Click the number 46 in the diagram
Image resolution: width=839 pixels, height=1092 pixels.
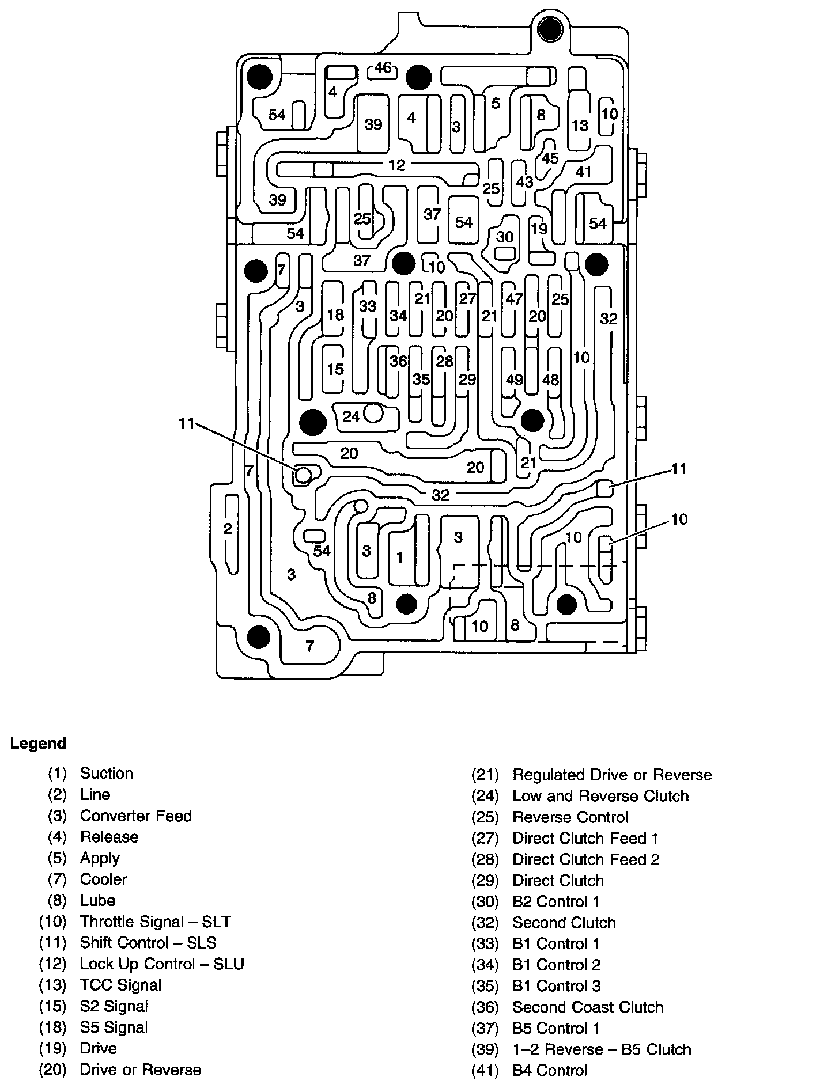(x=383, y=68)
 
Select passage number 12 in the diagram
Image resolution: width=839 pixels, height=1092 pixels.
(x=396, y=165)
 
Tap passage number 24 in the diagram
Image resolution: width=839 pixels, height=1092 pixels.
(x=351, y=416)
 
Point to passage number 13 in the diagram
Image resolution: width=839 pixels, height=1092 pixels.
(x=580, y=124)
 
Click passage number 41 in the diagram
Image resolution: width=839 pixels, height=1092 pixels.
(x=584, y=171)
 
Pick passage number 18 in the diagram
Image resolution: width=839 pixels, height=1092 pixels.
(x=335, y=314)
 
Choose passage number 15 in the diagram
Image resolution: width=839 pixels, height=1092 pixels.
(x=335, y=369)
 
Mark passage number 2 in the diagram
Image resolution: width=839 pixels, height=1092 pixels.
(x=228, y=528)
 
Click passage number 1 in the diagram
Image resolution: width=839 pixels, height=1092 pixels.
(x=400, y=557)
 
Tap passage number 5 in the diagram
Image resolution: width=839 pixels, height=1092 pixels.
(x=496, y=104)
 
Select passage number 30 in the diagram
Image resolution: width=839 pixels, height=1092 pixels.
(x=505, y=237)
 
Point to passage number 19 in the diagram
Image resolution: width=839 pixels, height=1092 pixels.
(x=539, y=229)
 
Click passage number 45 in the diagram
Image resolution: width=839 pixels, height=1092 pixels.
(x=550, y=158)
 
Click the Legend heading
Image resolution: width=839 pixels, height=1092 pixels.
(x=38, y=744)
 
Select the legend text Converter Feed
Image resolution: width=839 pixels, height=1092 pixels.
(x=136, y=816)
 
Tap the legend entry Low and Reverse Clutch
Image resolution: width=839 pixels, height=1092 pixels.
(x=601, y=796)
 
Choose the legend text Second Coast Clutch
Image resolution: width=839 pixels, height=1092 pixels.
(x=588, y=1007)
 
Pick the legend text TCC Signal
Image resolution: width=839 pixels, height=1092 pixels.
(x=121, y=985)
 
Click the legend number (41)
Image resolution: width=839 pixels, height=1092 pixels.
(x=485, y=1071)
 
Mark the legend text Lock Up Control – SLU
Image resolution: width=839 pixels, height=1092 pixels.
(x=162, y=964)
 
